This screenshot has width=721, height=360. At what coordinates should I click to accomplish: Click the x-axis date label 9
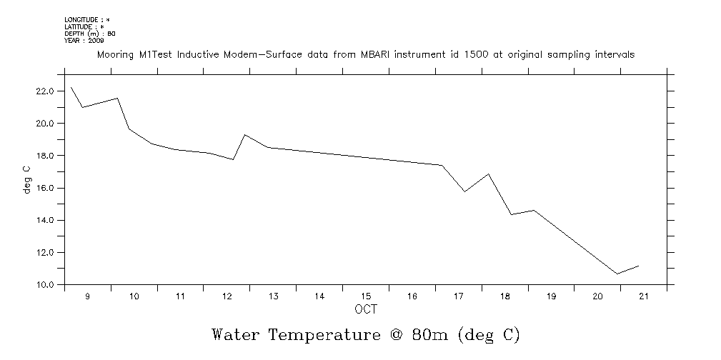pos(88,296)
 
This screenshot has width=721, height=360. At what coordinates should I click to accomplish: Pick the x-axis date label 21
pos(643,296)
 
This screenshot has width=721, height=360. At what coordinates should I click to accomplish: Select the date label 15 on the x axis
pos(365,296)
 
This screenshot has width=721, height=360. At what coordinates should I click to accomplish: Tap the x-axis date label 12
pos(227,296)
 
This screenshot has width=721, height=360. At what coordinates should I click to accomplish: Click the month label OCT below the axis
pos(365,309)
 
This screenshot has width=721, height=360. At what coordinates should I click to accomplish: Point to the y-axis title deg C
pos(27,180)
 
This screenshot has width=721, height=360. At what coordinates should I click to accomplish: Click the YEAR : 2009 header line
pos(84,40)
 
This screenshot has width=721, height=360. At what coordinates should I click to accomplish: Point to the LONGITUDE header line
pos(87,19)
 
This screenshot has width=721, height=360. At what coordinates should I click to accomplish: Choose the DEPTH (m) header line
pos(90,34)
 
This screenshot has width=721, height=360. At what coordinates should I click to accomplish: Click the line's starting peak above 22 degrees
pos(71,87)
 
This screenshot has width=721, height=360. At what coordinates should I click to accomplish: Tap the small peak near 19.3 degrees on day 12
pos(245,134)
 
